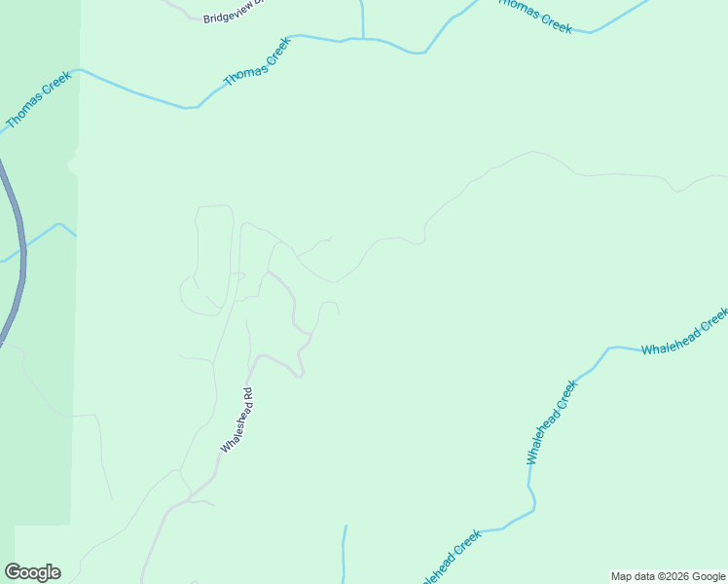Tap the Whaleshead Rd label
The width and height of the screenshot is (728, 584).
pos(237,420)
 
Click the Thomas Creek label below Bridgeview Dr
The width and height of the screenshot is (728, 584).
pos(258,63)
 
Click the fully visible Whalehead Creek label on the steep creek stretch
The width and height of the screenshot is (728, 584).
pos(552,422)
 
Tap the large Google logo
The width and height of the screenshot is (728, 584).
pos(32,572)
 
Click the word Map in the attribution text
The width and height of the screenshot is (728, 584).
pos(622,576)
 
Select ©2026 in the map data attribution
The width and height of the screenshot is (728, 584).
pos(671,576)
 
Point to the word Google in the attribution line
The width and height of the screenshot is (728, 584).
pos(710,576)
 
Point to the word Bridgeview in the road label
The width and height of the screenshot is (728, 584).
pos(223,17)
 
